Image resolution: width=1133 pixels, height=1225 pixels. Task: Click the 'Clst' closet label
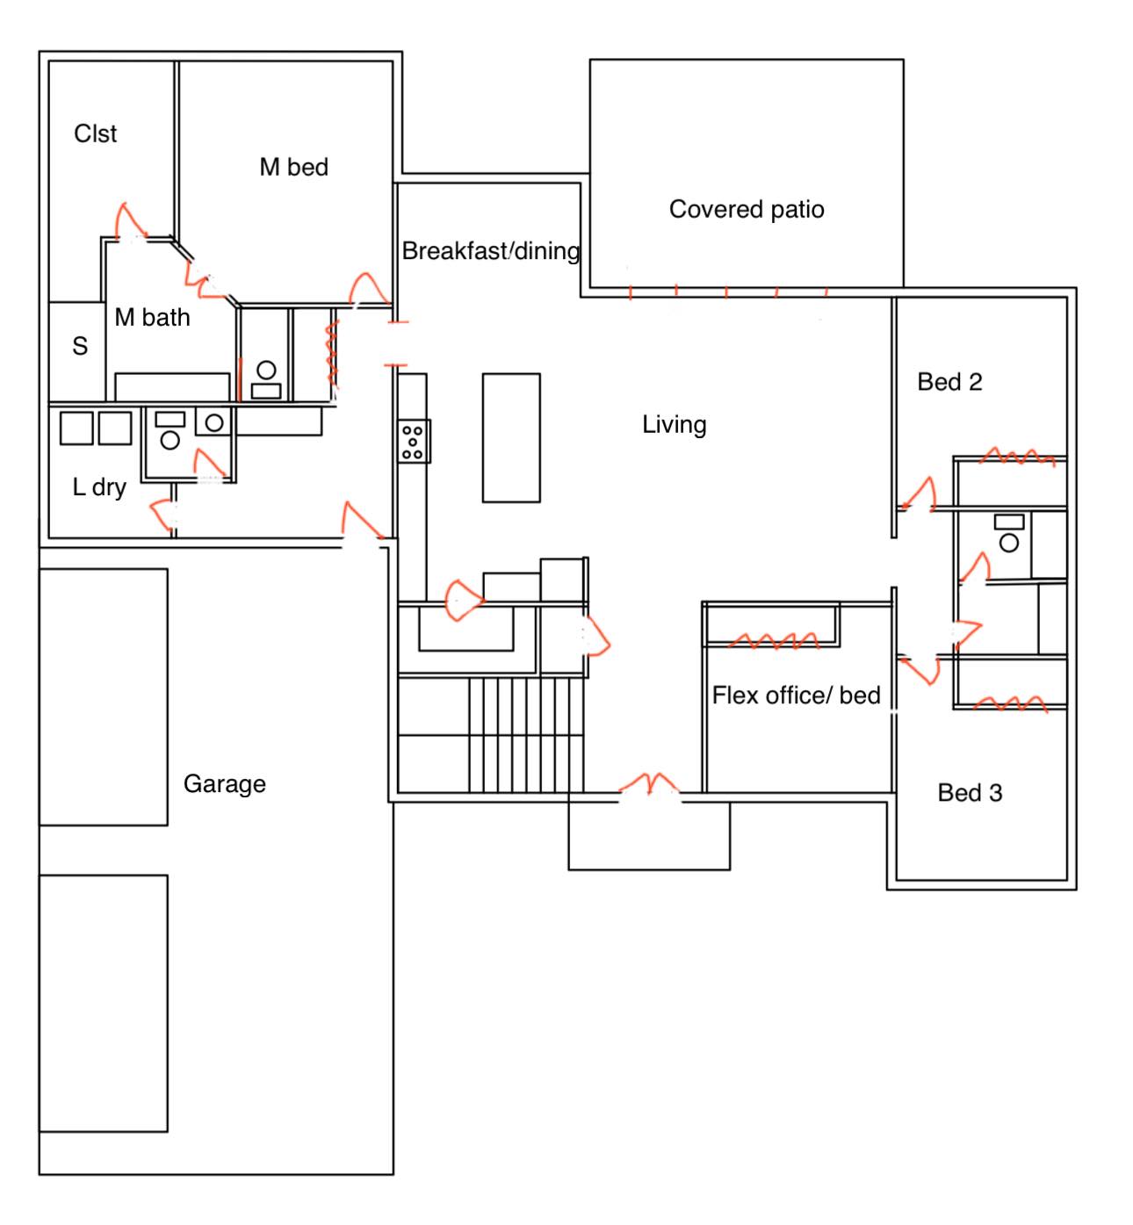click(95, 133)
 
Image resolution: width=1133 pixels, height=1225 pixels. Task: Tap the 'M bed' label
click(293, 167)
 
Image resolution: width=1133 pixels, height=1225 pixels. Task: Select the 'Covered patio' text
click(746, 209)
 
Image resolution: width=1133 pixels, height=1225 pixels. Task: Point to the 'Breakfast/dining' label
click(491, 250)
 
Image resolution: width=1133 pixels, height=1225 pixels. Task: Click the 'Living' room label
click(674, 424)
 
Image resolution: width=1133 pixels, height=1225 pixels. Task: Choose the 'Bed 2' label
click(949, 382)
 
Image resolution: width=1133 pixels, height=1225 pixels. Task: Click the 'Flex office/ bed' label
click(796, 695)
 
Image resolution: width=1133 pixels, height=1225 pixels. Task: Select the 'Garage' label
click(225, 784)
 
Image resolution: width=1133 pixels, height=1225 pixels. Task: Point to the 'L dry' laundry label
click(99, 487)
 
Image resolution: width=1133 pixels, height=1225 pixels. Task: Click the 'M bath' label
click(152, 317)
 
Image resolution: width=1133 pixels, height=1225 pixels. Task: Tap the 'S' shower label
click(80, 345)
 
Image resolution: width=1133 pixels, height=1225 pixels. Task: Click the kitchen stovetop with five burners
click(413, 442)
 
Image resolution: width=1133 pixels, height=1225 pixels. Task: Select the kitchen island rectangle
click(511, 438)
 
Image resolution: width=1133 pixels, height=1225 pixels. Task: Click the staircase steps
click(526, 735)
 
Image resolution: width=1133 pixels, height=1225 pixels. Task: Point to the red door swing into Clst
click(129, 220)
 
